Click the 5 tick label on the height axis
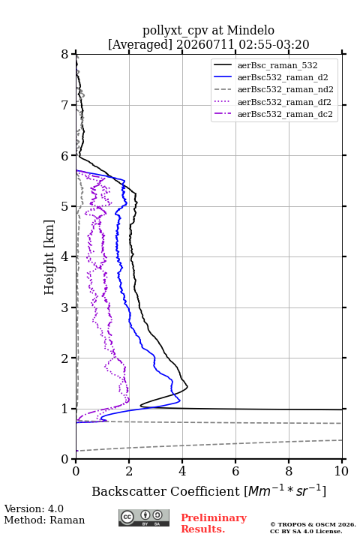click(64, 207)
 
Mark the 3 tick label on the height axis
click(64, 307)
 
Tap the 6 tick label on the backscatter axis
click(235, 471)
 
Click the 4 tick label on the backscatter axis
click(182, 471)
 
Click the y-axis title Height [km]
click(49, 257)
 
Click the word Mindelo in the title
click(250, 30)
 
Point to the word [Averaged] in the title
click(140, 45)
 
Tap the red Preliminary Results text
click(214, 523)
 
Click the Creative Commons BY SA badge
click(144, 518)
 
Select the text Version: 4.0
click(34, 508)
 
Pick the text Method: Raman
click(44, 520)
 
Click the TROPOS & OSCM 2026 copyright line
click(313, 524)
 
